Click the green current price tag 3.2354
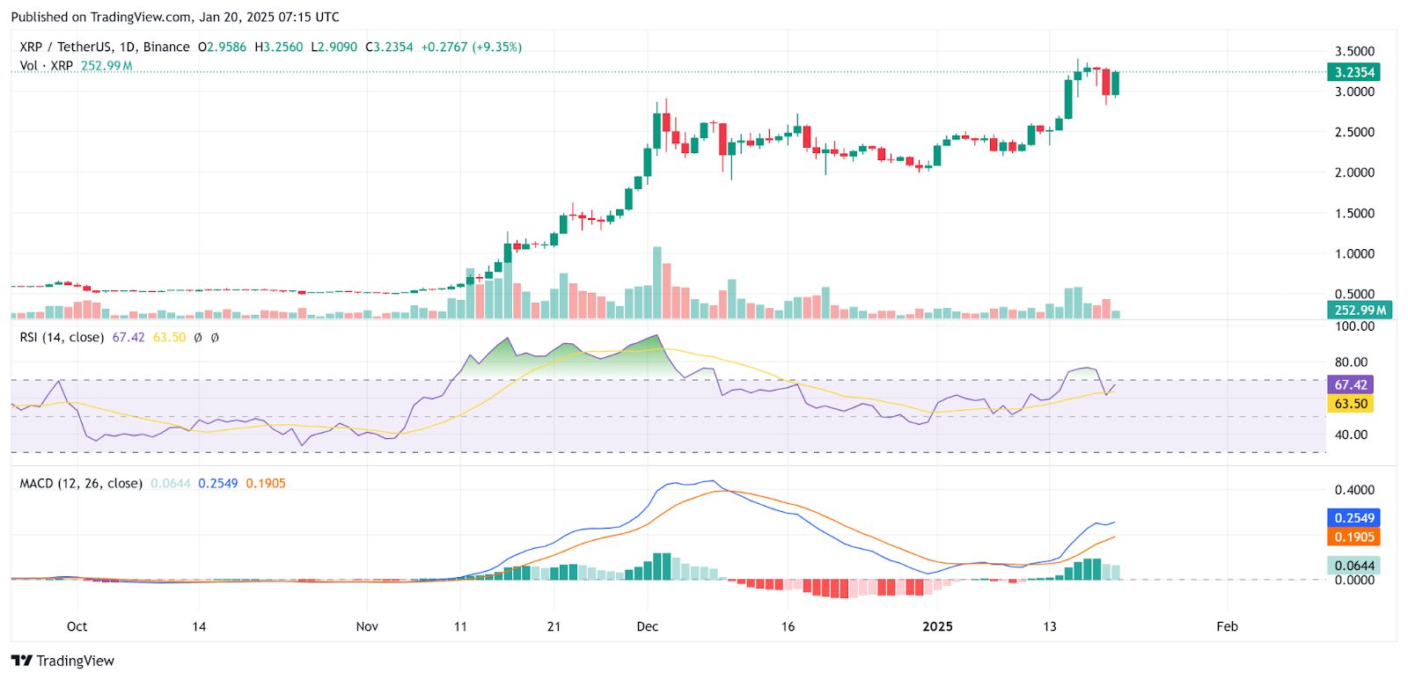(x=1354, y=72)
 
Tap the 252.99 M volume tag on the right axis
(x=1360, y=310)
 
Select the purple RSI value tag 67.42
(x=1351, y=384)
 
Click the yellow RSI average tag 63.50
(x=1351, y=404)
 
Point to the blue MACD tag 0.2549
(x=1353, y=518)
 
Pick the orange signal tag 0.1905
(x=1353, y=537)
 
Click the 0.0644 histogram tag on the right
(x=1353, y=565)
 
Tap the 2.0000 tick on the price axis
(x=1354, y=172)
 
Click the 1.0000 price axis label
(x=1354, y=253)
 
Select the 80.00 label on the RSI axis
(x=1351, y=362)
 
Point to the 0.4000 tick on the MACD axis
(x=1354, y=490)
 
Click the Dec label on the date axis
(x=647, y=626)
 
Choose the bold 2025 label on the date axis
(x=937, y=626)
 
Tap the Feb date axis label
(x=1227, y=626)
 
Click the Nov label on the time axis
(x=367, y=626)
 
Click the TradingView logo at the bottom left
(x=63, y=661)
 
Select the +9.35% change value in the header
(x=497, y=47)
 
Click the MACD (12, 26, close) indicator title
(x=81, y=483)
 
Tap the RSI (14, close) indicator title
(x=62, y=337)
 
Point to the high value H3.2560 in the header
(x=279, y=47)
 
